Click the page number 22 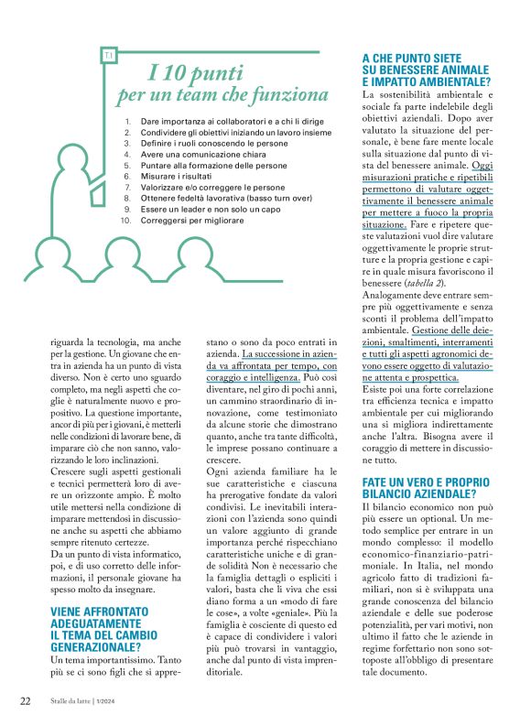26,701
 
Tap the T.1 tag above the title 108,57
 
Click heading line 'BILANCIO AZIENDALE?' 417,493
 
